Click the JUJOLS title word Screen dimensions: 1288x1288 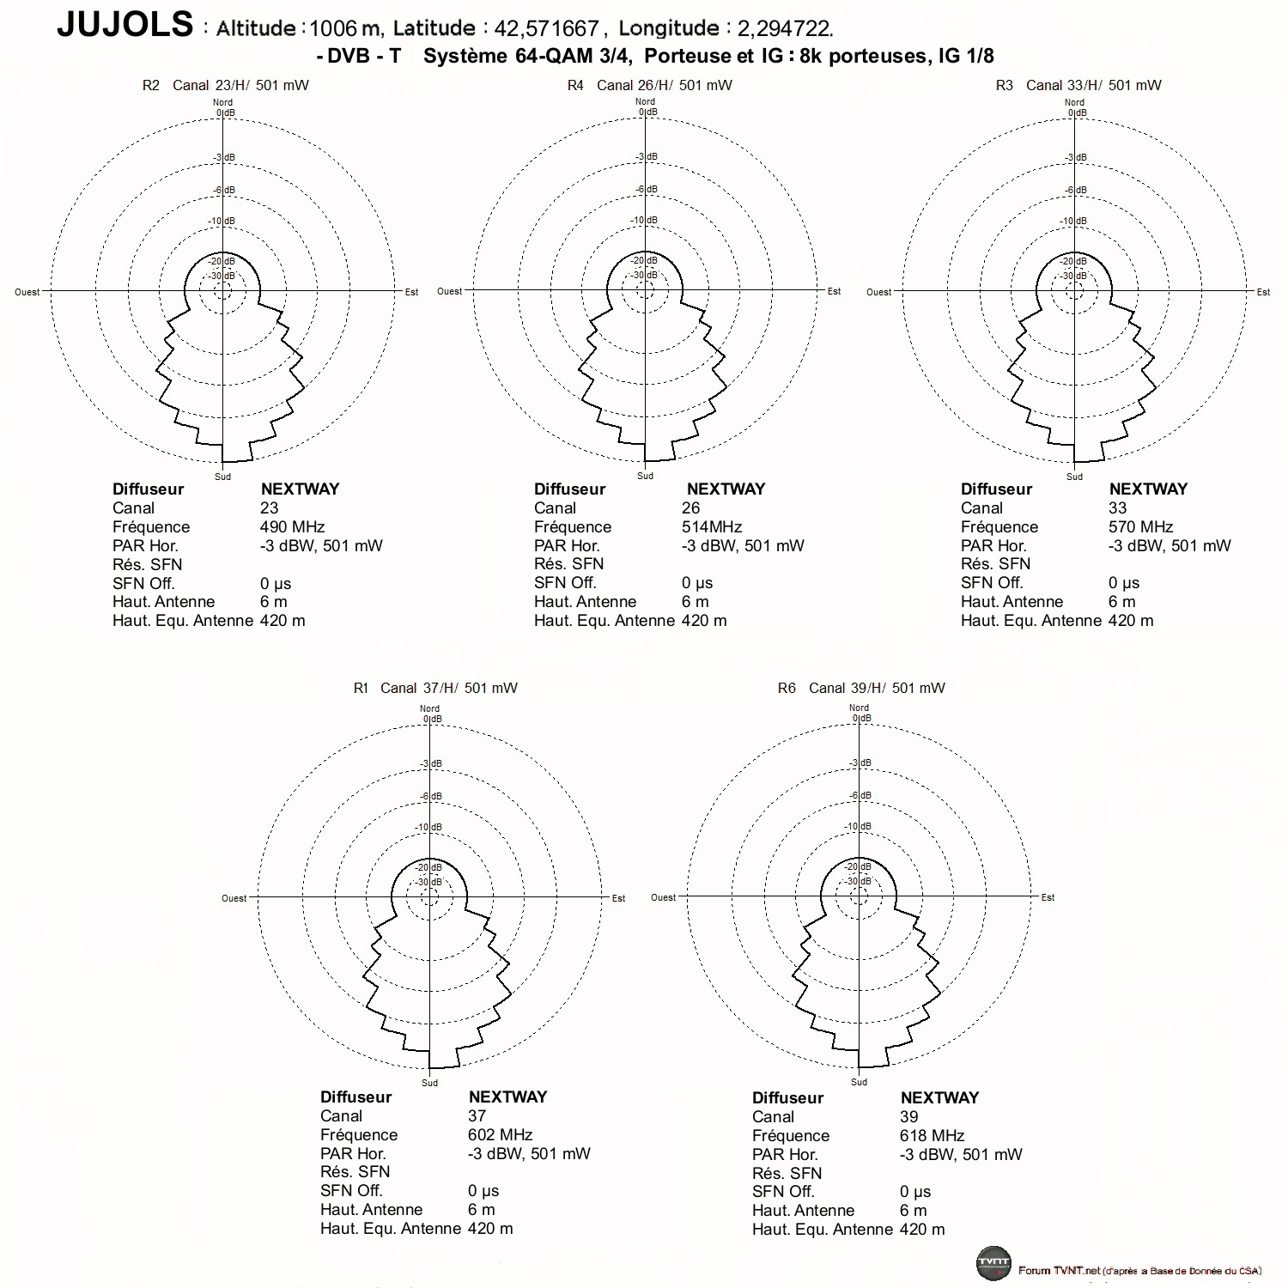[x=125, y=24]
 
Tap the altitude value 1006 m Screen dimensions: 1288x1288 [x=345, y=28]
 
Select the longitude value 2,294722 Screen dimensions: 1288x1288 [x=785, y=28]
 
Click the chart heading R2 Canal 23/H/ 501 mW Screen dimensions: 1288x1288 [x=226, y=85]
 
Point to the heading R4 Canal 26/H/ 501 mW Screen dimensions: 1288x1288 [x=650, y=85]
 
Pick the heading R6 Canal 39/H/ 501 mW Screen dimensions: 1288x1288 [x=861, y=688]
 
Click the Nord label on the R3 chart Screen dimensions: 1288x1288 [x=1074, y=102]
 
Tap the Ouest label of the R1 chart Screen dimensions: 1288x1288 [x=234, y=898]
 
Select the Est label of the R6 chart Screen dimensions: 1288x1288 [x=1048, y=897]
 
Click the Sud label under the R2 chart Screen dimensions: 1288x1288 [x=222, y=477]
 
